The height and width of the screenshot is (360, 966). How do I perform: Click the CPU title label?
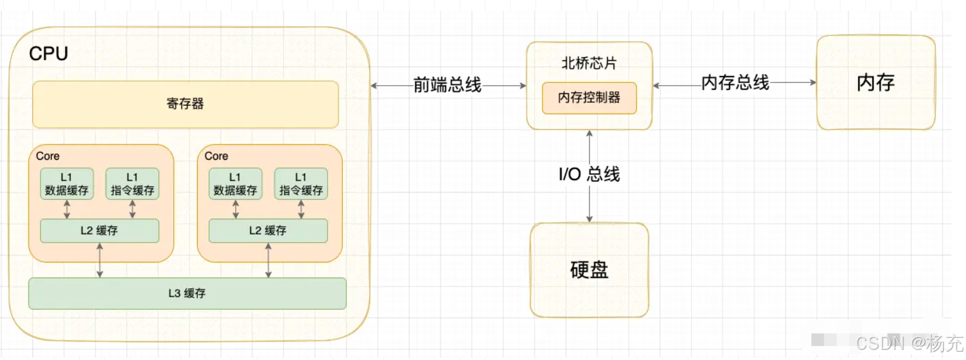click(48, 54)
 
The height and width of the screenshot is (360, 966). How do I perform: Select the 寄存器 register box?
click(185, 104)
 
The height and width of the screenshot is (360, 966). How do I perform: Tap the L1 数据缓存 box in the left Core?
click(67, 184)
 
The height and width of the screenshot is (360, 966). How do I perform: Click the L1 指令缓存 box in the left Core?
click(132, 184)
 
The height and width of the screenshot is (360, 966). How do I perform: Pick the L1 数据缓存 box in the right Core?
click(236, 184)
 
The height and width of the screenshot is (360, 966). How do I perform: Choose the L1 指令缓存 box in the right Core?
click(300, 184)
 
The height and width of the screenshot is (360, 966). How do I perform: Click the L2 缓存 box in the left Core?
click(100, 231)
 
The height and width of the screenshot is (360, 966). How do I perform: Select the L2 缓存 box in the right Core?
click(268, 231)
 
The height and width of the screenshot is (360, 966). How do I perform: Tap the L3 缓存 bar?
click(187, 293)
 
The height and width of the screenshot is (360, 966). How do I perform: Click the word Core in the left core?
click(48, 156)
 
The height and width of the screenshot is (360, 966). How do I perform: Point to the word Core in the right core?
click(216, 156)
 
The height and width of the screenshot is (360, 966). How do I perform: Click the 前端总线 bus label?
click(448, 85)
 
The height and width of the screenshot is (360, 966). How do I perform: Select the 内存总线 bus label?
click(735, 82)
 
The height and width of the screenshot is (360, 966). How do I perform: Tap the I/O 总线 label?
click(589, 174)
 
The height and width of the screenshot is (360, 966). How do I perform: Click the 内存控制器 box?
click(589, 98)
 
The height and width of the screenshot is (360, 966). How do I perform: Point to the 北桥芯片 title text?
click(589, 63)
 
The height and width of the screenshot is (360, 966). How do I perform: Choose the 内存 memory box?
click(875, 82)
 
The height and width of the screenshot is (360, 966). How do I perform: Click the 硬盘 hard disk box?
click(589, 270)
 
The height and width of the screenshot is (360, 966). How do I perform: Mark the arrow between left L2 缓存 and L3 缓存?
click(100, 260)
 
